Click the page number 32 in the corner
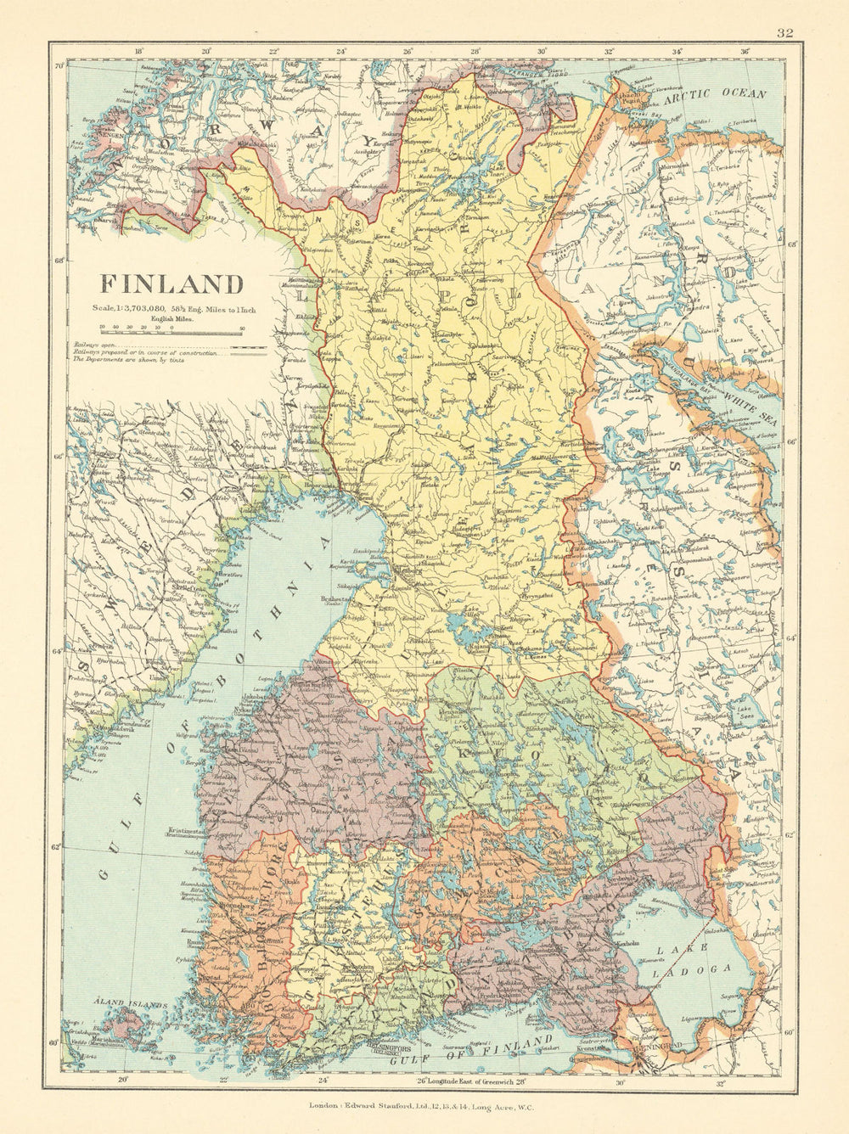click(784, 33)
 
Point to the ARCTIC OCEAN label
click(716, 97)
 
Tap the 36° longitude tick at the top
click(745, 50)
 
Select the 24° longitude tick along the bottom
click(323, 1081)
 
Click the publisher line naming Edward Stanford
click(424, 1108)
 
